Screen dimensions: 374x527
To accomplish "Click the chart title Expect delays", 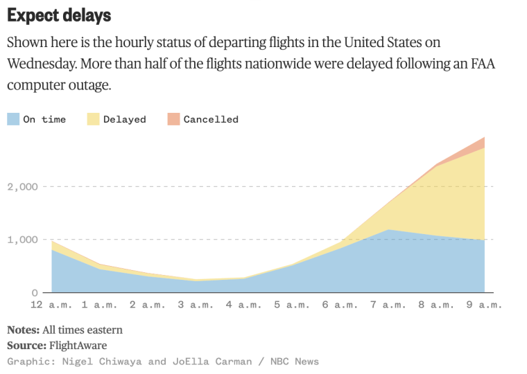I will tap(59, 15).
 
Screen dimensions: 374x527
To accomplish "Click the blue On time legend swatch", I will tap(13, 119).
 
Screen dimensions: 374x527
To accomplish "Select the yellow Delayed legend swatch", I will tap(94, 119).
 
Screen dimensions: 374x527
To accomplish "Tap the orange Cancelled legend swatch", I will tap(173, 119).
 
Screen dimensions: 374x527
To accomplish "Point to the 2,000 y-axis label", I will tap(24, 186).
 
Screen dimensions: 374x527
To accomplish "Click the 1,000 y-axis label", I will tap(24, 240).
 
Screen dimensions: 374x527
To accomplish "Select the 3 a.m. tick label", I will tap(196, 305).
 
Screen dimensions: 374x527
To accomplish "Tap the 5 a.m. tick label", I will tap(292, 305).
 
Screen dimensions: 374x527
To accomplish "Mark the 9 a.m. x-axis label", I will tap(483, 305).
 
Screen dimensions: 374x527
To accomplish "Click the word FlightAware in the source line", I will tap(78, 345).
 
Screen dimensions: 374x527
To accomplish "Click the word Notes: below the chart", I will tap(23, 330).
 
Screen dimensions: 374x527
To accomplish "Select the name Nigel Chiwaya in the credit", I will tap(104, 361).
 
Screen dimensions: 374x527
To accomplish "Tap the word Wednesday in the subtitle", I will tap(40, 64).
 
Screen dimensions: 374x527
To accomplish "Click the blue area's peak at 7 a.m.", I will tap(388, 231).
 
